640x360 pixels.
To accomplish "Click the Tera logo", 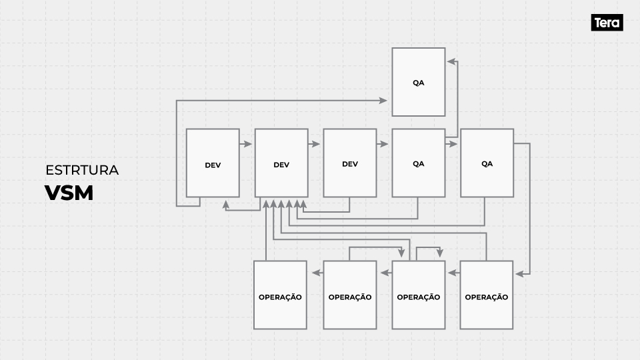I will [x=607, y=23].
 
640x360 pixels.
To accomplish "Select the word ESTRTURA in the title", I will [x=82, y=170].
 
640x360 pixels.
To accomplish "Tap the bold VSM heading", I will [x=69, y=193].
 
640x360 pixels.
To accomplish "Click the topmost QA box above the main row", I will [x=418, y=82].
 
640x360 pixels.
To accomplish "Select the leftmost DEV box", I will [x=213, y=163].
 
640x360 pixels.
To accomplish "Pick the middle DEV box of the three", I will [x=281, y=163].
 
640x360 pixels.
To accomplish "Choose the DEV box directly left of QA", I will [x=349, y=163].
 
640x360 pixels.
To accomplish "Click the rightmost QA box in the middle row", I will [x=487, y=163].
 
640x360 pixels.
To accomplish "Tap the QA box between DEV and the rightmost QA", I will [x=418, y=163].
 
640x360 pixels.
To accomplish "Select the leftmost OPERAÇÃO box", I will [x=280, y=295].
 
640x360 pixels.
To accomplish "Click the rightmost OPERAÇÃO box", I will [x=487, y=295].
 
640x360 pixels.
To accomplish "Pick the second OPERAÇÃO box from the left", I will [x=349, y=295].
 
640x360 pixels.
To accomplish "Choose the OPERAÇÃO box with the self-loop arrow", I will [x=418, y=295].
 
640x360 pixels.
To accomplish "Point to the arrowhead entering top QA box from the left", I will [x=383, y=100].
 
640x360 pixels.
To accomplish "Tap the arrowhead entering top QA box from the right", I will [x=451, y=61].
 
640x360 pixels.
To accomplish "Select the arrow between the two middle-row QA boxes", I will [x=453, y=143].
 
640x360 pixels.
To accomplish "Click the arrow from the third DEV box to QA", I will [x=383, y=143].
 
